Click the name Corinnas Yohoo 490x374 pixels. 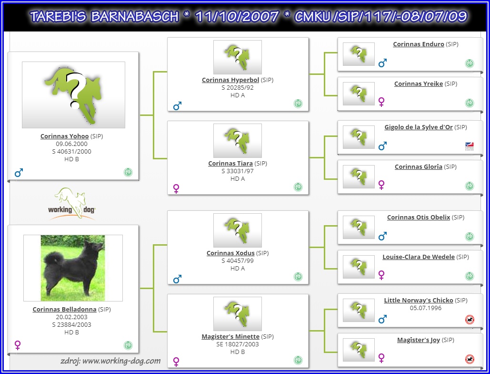tap(64, 136)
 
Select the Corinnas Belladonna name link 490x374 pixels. tap(64, 309)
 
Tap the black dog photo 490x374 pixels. tap(73, 268)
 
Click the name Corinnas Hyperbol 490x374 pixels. tap(230, 80)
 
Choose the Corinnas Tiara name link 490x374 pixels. tap(230, 163)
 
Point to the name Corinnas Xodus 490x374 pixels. tap(230, 253)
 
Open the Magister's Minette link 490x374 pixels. tap(230, 336)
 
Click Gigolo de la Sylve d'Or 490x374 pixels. tap(419, 127)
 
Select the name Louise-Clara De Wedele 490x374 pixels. tap(419, 257)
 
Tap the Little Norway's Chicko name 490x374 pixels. tap(419, 300)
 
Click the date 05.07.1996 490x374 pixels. tap(426, 308)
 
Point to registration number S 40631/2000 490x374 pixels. tap(71, 152)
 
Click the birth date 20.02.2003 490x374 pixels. tap(71, 317)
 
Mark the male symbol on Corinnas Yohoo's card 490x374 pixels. tap(19, 172)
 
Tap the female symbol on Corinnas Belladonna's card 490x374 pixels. tap(18, 345)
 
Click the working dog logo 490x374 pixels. tap(71, 203)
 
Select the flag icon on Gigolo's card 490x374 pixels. tap(470, 146)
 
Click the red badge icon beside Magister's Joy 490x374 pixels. tap(470, 359)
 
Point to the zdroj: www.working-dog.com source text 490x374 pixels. tap(110, 361)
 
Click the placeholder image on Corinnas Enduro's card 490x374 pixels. tap(359, 54)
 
